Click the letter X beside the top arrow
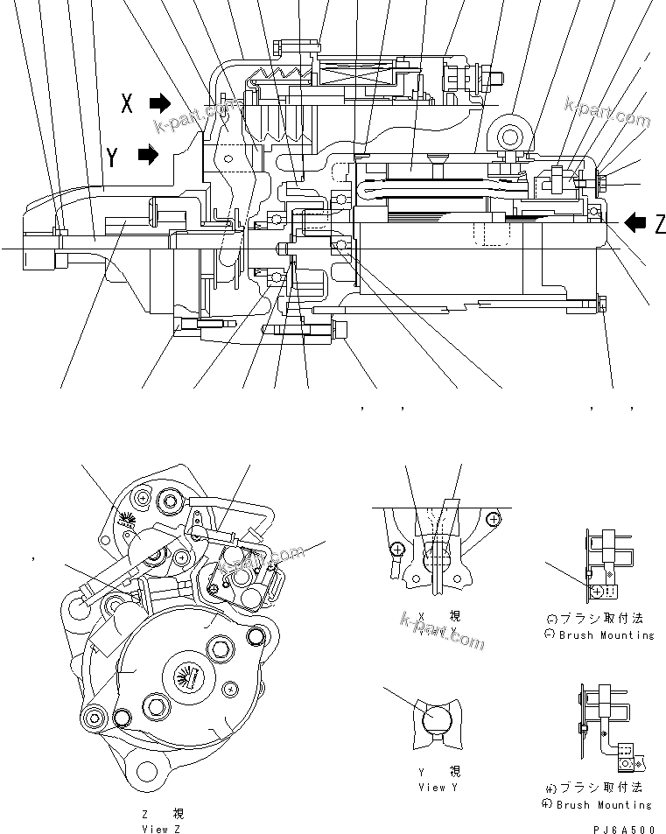(x=127, y=104)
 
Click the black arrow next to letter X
(x=160, y=103)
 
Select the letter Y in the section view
(x=113, y=157)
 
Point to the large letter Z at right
(x=660, y=224)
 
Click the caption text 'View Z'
(x=161, y=827)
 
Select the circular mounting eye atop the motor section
(x=510, y=133)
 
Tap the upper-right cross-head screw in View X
(x=494, y=519)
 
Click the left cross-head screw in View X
(x=397, y=550)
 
